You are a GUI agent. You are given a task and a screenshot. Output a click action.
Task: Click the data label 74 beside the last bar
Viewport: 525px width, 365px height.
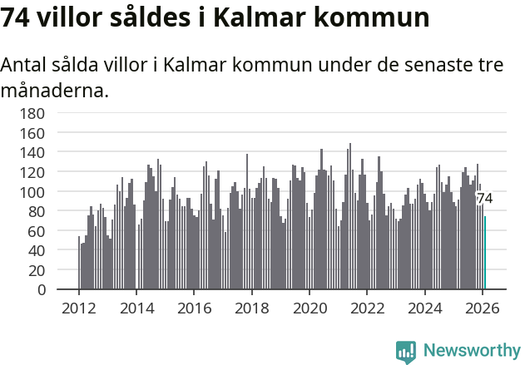click(x=484, y=199)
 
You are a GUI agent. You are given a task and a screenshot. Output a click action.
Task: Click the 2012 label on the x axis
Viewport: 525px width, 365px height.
click(x=79, y=308)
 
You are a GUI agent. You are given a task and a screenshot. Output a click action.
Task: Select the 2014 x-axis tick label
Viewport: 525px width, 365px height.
click(x=136, y=308)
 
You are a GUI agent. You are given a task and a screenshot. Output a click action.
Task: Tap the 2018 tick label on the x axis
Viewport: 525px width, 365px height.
click(x=251, y=308)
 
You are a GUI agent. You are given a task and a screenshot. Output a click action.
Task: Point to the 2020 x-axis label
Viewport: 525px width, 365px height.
click(x=310, y=308)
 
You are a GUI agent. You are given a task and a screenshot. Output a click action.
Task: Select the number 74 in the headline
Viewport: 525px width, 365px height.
click(x=17, y=18)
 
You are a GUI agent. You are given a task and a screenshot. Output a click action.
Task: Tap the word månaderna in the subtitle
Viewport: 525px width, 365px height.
click(x=55, y=90)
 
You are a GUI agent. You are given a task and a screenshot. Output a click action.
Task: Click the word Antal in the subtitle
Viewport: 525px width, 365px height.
click(x=26, y=65)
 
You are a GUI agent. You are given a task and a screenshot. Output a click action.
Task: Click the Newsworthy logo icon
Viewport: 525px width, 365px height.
click(x=406, y=352)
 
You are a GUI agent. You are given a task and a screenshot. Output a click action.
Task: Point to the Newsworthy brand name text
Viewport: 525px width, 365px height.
click(x=471, y=352)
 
